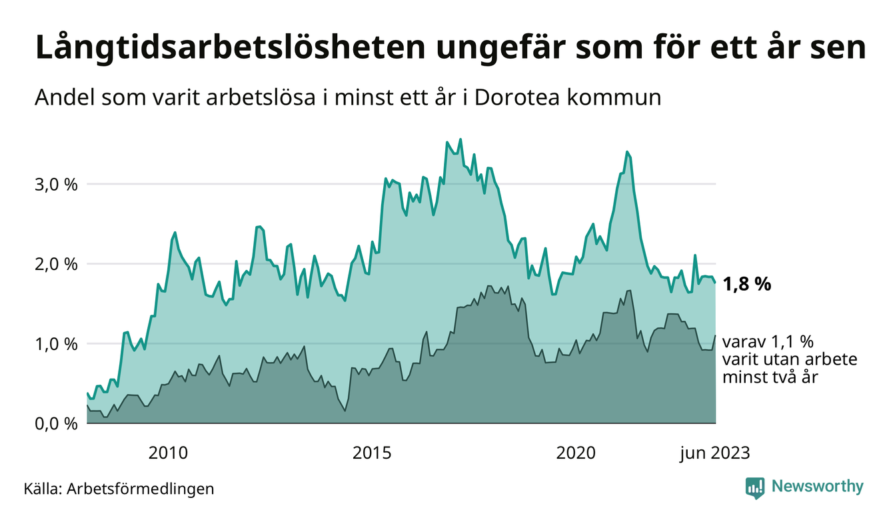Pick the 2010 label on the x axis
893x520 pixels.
(x=168, y=453)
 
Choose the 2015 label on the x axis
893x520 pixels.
(x=373, y=453)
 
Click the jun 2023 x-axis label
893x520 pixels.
(x=714, y=453)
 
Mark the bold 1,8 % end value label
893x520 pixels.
(x=746, y=285)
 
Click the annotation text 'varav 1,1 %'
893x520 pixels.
(x=768, y=343)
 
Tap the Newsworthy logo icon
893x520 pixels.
(x=755, y=487)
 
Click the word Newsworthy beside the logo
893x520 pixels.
(x=817, y=487)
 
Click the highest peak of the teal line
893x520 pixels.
(x=460, y=139)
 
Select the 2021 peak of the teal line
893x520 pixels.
(x=627, y=152)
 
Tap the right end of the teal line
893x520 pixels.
(x=716, y=283)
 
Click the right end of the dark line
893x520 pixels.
(x=716, y=335)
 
